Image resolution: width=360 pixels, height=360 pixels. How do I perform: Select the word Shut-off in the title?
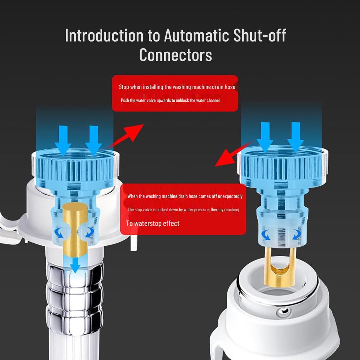259,36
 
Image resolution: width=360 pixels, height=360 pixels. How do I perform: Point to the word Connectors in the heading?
175,55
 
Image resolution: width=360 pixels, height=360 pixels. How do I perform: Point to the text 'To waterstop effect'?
153,224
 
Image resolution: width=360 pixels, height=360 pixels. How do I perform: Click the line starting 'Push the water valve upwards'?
170,101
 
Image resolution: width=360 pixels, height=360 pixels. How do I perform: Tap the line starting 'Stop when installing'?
177,87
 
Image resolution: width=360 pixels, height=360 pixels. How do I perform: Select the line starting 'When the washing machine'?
185,196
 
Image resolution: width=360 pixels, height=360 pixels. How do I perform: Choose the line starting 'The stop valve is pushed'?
183,210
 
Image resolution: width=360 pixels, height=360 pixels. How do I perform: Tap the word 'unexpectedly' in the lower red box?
230,196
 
